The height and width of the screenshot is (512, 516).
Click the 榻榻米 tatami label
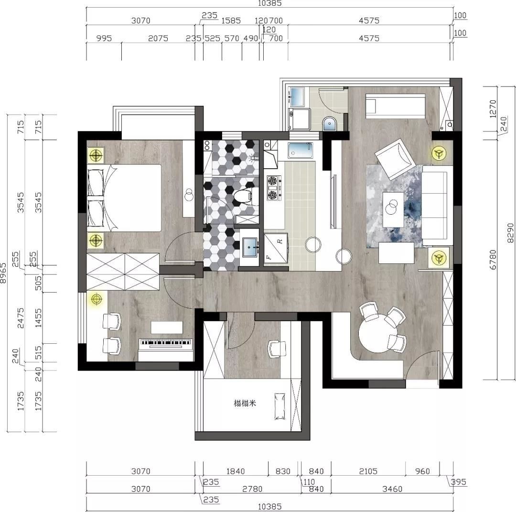245,403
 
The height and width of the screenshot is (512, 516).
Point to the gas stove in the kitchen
274,188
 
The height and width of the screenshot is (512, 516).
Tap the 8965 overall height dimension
3,273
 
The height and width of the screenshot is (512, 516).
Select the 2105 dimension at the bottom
368,471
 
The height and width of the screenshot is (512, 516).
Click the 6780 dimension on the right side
493,260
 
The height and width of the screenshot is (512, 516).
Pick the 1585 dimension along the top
231,21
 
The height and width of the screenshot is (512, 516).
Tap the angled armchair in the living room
394,159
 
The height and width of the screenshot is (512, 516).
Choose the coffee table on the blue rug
393,209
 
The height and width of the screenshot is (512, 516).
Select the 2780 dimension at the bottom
252,489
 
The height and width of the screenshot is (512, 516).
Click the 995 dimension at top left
104,38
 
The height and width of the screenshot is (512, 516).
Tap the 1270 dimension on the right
493,109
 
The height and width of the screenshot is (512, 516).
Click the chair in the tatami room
277,349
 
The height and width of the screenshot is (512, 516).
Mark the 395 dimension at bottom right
458,482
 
